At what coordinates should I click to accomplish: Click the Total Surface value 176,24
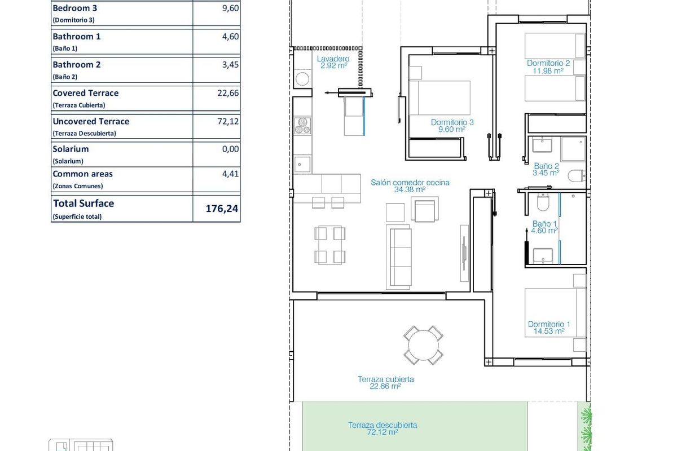point(222,209)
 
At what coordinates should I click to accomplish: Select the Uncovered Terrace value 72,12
point(228,121)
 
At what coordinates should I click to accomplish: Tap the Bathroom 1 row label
point(77,37)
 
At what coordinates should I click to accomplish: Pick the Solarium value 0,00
point(230,149)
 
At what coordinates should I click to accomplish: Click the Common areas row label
point(82,174)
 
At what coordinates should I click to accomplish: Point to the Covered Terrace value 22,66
point(228,93)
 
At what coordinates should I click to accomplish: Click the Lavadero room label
point(333,59)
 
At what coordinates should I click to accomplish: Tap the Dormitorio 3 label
point(452,122)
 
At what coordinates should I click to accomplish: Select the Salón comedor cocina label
point(410,182)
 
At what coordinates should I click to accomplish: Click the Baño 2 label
point(546,166)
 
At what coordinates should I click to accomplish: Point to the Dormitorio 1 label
point(549,324)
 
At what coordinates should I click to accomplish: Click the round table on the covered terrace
point(423,344)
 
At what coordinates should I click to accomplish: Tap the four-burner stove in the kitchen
point(302,125)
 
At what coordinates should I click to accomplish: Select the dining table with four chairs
point(329,245)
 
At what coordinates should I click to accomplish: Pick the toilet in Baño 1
point(542,202)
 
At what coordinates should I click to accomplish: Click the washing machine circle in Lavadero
point(302,78)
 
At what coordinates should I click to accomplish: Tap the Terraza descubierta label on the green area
point(382,425)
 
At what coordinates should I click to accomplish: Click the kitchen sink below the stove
point(302,163)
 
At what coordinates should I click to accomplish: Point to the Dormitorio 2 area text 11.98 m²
point(548,71)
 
